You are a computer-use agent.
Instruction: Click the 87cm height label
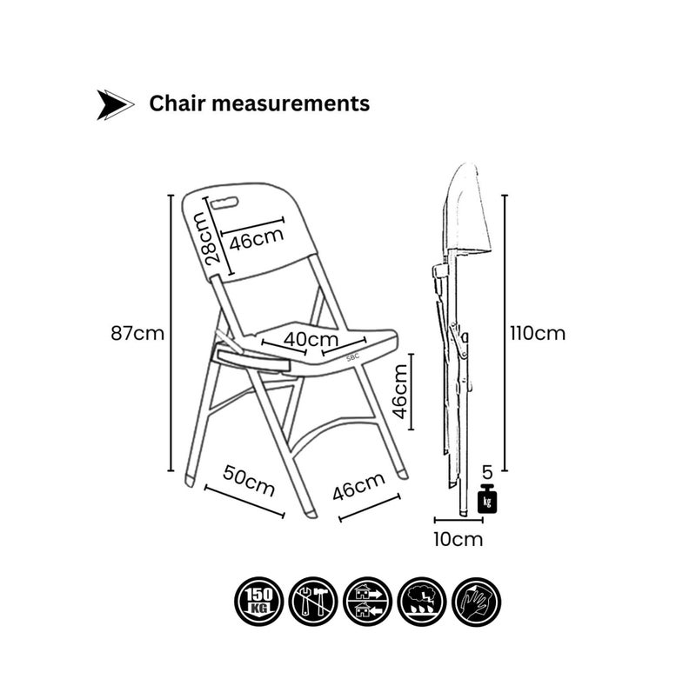point(137,333)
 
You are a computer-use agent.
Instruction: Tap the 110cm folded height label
point(538,333)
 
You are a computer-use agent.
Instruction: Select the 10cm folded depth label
point(458,539)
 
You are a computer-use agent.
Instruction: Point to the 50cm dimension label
point(249,480)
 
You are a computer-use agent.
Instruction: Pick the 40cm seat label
point(311,339)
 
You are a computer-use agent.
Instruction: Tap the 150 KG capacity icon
point(259,602)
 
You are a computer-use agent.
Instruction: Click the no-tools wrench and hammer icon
point(313,602)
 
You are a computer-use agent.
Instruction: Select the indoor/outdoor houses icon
point(368,602)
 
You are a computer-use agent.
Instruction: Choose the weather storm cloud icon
point(422,602)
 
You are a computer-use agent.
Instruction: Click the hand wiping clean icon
point(477,602)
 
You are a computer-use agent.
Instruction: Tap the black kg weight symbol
point(487,498)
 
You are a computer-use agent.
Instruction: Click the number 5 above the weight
point(487,471)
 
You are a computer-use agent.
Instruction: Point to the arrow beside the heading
point(115,104)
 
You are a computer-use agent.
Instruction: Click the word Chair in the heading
point(177,103)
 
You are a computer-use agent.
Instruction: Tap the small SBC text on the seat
point(352,356)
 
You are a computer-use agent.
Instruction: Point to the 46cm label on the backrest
point(257,239)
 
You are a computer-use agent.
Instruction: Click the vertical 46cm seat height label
point(400,391)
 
